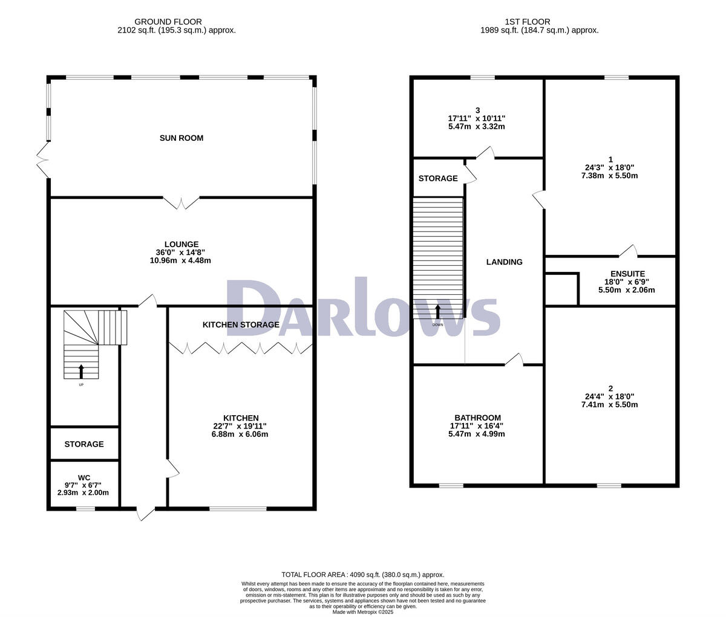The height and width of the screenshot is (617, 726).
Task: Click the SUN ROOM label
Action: (x=181, y=138)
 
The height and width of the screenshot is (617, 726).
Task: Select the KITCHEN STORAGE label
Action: (x=241, y=325)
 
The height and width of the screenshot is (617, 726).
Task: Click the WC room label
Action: (x=83, y=478)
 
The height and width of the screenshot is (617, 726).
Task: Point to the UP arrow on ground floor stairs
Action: (x=81, y=372)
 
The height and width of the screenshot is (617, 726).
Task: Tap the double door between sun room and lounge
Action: (x=181, y=202)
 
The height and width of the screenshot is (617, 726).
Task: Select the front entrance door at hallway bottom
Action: (x=145, y=513)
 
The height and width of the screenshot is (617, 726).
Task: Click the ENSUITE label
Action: (x=627, y=274)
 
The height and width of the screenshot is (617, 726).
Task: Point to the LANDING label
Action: (x=504, y=262)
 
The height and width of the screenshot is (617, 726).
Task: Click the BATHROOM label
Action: (x=477, y=418)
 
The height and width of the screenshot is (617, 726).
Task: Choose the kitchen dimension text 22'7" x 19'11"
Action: (x=241, y=426)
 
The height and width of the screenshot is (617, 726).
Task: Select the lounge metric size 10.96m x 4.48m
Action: (x=180, y=260)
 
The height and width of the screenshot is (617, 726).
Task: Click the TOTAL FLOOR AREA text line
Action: (x=363, y=575)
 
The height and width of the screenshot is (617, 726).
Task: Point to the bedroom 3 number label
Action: (x=477, y=110)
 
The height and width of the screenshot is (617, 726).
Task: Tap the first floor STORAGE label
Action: (x=438, y=179)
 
